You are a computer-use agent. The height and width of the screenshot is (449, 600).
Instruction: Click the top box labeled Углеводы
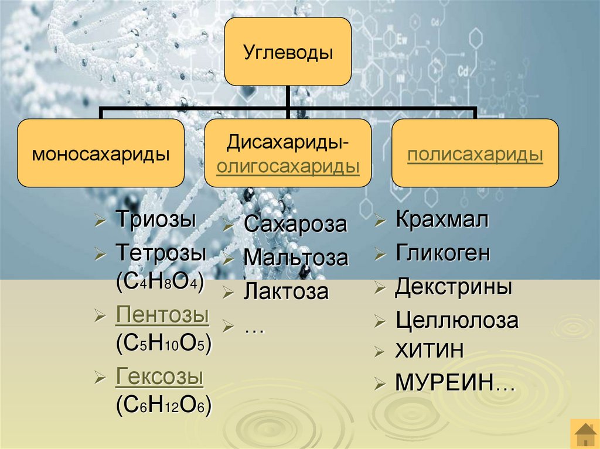[x=288, y=52]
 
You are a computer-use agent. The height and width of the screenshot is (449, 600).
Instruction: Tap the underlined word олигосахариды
[x=288, y=166]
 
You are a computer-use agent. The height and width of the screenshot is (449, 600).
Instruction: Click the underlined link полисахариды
[x=475, y=155]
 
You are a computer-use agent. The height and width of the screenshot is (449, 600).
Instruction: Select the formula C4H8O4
[x=159, y=282]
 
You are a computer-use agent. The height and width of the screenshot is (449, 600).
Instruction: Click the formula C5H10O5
[x=163, y=344]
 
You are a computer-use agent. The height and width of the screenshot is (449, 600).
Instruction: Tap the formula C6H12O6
[x=164, y=405]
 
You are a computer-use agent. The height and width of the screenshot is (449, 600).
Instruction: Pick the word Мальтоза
[x=296, y=258]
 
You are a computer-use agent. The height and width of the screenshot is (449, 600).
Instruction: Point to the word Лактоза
[x=287, y=291]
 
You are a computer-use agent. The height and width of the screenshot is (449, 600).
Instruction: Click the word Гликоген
[x=442, y=253]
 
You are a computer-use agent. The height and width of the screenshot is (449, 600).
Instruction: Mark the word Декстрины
[x=454, y=287]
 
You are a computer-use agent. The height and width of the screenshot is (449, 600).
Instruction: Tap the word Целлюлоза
[x=457, y=320]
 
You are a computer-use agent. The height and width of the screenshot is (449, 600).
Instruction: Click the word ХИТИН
[x=429, y=351]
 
